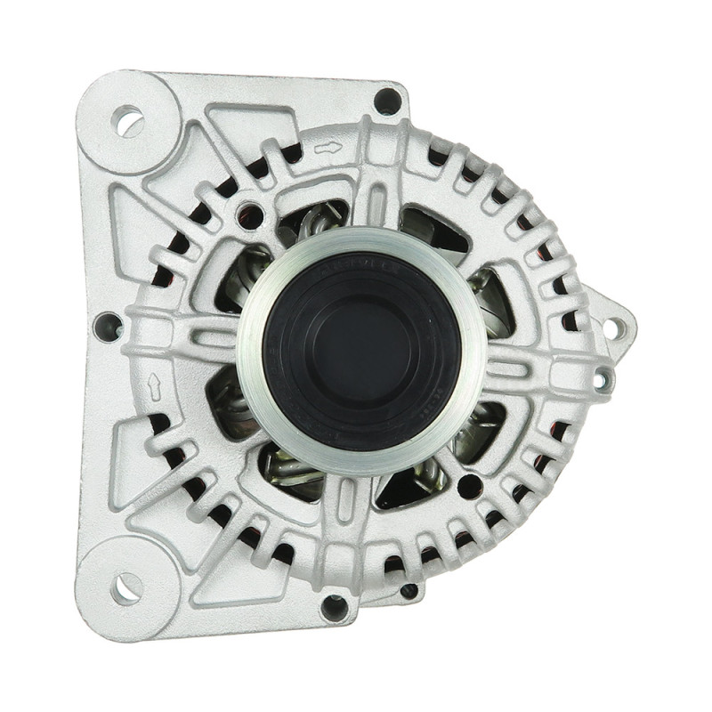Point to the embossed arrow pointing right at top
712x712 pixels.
(x=328, y=148)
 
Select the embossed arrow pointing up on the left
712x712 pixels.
(x=154, y=385)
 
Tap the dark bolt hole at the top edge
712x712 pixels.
(x=387, y=101)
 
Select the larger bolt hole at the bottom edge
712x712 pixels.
(x=335, y=608)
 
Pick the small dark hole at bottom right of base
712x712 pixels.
(x=409, y=590)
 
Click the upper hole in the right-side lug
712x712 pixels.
(x=612, y=328)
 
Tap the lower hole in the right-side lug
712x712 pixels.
(x=602, y=380)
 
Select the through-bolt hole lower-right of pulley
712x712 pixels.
(x=469, y=486)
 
